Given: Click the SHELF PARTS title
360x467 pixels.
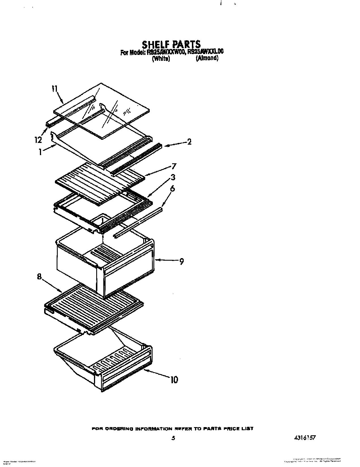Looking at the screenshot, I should click(171, 44).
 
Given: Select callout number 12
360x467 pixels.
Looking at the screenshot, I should click(38, 140).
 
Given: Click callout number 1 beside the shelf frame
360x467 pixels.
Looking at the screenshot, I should click(40, 152).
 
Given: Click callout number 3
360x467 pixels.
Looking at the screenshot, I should click(173, 177).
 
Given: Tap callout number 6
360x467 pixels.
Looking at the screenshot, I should click(172, 188).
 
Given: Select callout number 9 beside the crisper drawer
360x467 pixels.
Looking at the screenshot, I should click(181, 261).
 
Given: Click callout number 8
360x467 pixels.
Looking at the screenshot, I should click(40, 277).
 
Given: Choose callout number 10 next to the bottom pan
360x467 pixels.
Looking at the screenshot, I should click(174, 379).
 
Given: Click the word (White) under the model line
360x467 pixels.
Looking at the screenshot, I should click(161, 59).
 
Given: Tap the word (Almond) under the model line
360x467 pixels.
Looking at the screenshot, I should click(207, 58).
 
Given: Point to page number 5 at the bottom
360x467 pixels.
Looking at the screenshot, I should click(173, 438).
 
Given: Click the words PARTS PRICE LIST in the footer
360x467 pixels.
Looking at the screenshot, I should click(229, 429).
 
